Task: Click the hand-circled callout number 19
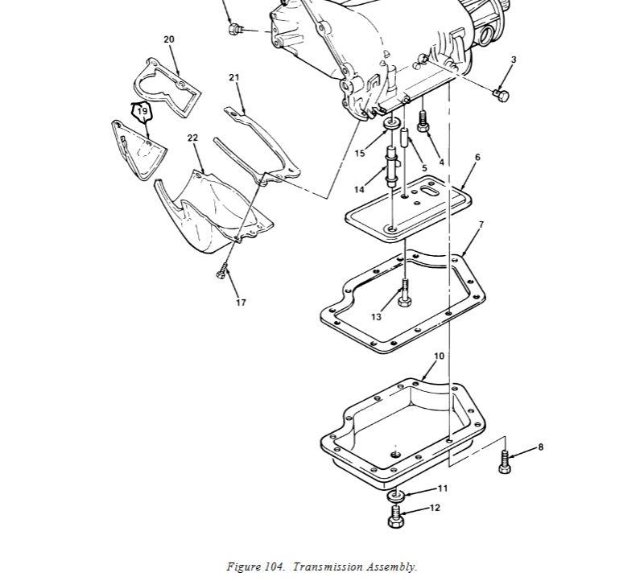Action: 142,111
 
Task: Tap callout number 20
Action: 169,39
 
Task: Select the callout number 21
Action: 233,77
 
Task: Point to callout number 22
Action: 192,138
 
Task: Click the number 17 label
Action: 241,303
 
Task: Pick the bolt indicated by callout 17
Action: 221,271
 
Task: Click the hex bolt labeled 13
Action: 404,293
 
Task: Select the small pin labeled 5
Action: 405,138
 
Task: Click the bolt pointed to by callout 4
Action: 423,122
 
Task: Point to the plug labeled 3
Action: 501,96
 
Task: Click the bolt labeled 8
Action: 505,462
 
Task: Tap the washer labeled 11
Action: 395,496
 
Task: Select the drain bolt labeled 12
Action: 395,517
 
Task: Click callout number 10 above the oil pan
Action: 439,356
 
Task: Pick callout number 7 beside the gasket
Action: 481,225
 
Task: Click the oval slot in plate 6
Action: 427,190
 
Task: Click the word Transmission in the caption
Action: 328,567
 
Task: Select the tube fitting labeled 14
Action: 392,167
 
